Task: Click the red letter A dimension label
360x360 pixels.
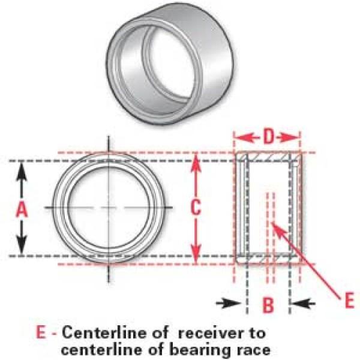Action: point(22,209)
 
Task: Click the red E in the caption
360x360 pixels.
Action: point(41,332)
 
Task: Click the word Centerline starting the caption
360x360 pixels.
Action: point(94,332)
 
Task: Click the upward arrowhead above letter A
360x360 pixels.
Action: point(22,168)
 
